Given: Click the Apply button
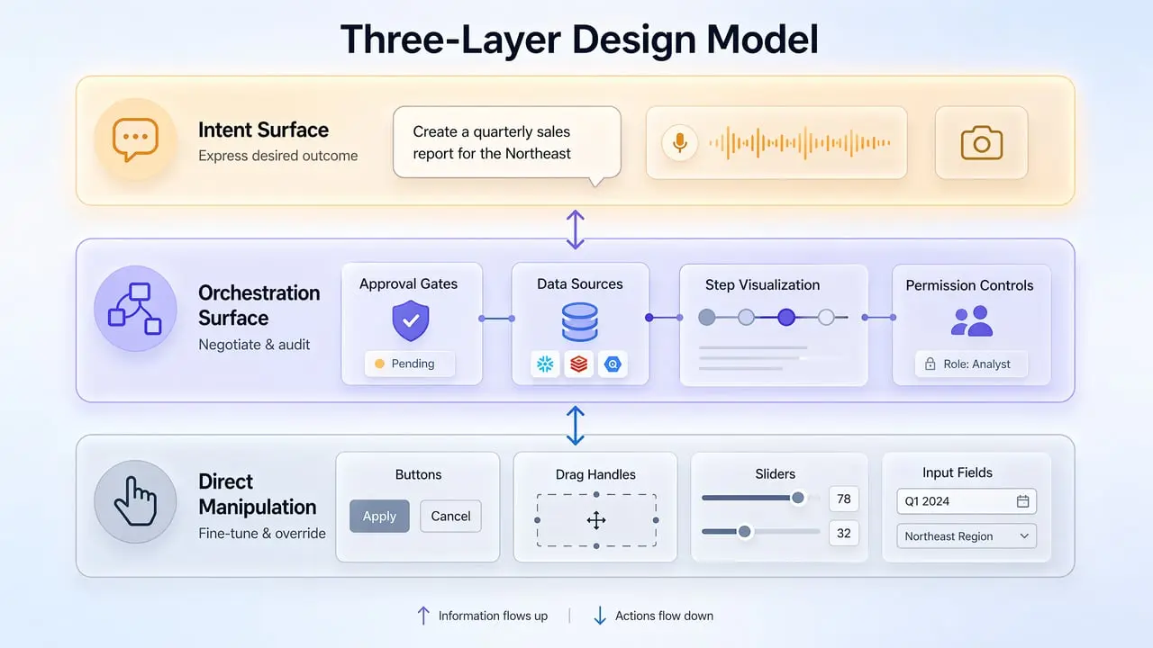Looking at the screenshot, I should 379,517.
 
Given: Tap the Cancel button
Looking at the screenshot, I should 450,517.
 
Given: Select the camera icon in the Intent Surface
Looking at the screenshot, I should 981,143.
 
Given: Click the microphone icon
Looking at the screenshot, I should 679,142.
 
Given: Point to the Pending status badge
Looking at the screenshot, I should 410,364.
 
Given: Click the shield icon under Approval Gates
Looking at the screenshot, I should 410,321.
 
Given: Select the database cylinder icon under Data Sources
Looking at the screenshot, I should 579,321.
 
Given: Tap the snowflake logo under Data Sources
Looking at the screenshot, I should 545,364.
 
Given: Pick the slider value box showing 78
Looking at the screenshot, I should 844,499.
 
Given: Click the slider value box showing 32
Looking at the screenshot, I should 844,533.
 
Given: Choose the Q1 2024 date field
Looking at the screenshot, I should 967,501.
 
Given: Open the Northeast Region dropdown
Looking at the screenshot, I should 967,536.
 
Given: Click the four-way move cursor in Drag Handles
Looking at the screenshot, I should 595,520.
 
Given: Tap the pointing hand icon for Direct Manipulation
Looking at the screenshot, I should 135,502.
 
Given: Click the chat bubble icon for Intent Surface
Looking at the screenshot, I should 135,140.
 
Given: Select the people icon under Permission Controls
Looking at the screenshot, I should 971,321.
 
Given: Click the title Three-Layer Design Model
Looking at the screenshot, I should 579,40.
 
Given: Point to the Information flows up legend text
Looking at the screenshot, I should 492,616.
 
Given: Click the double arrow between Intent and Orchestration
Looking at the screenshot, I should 575,229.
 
